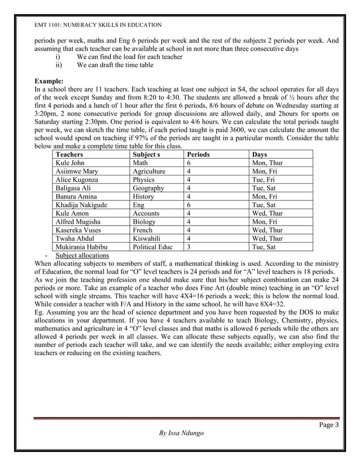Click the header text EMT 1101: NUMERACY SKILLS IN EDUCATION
coord(98,25)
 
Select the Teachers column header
coord(69,154)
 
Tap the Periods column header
coord(198,154)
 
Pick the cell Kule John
coord(71,162)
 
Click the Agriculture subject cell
coord(149,171)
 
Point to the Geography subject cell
coord(148,188)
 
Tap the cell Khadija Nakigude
coord(81,205)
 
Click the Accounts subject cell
coord(146,213)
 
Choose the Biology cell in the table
coord(144,222)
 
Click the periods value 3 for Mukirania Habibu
coord(189,247)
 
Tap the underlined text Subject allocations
coord(82,255)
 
